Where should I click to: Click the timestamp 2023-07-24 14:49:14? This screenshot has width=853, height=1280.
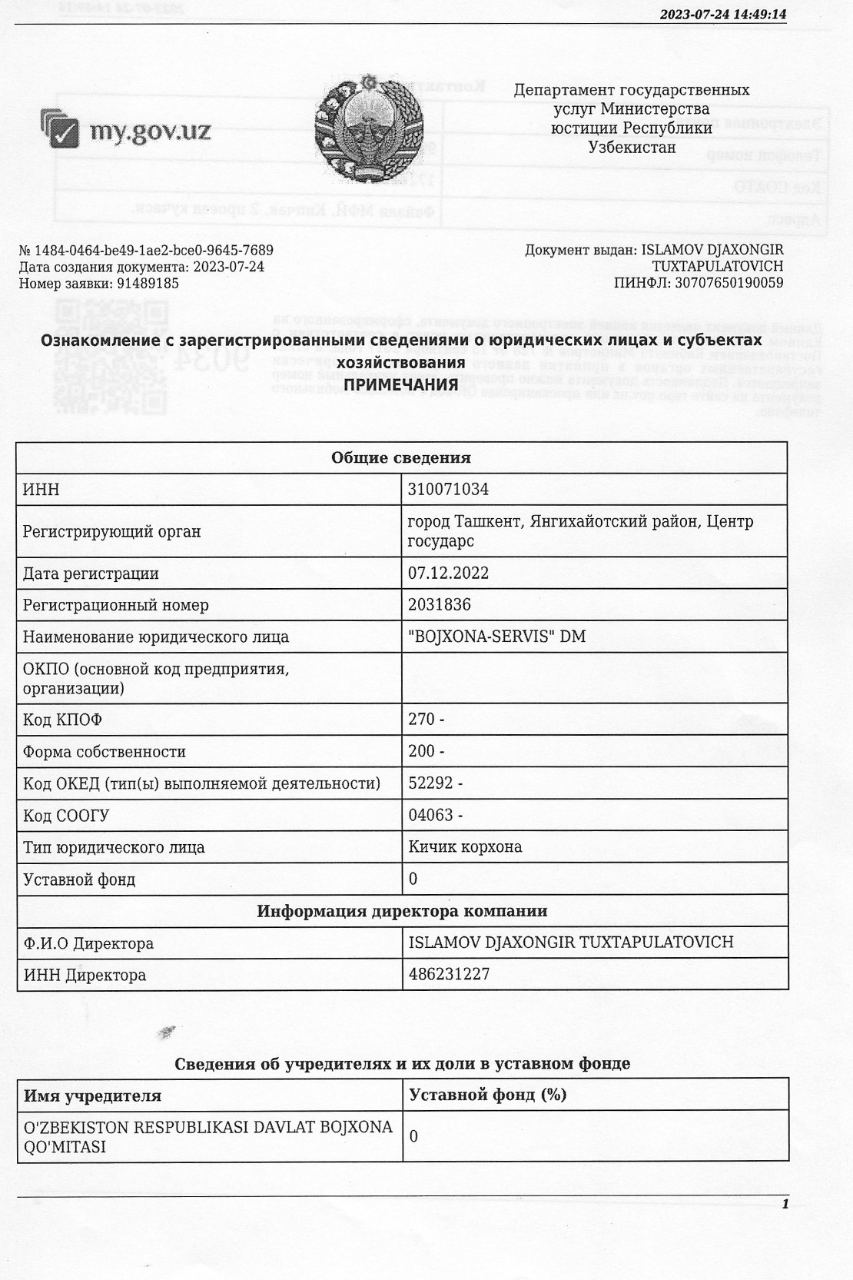[723, 15]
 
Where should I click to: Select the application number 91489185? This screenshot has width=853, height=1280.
[148, 284]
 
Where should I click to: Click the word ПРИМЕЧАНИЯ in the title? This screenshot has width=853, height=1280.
[401, 384]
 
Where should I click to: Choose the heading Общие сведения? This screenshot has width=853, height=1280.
[401, 458]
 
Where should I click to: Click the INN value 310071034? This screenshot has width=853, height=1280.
[449, 490]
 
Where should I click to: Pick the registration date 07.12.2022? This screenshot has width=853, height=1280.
[449, 574]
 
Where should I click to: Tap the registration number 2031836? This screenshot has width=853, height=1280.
[440, 605]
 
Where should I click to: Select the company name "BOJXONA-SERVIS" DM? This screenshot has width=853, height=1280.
[496, 637]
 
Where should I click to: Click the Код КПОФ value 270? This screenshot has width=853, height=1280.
[422, 720]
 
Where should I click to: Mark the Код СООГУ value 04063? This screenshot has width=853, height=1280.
[431, 815]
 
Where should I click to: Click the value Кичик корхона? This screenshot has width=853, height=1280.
[465, 847]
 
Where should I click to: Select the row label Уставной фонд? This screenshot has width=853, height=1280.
[79, 879]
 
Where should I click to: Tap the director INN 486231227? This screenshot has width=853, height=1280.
[449, 975]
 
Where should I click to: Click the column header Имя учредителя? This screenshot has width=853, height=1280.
[92, 1095]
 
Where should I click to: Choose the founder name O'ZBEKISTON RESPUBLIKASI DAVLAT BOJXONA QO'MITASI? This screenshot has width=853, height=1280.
[208, 1137]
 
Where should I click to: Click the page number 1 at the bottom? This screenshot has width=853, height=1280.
[785, 1204]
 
